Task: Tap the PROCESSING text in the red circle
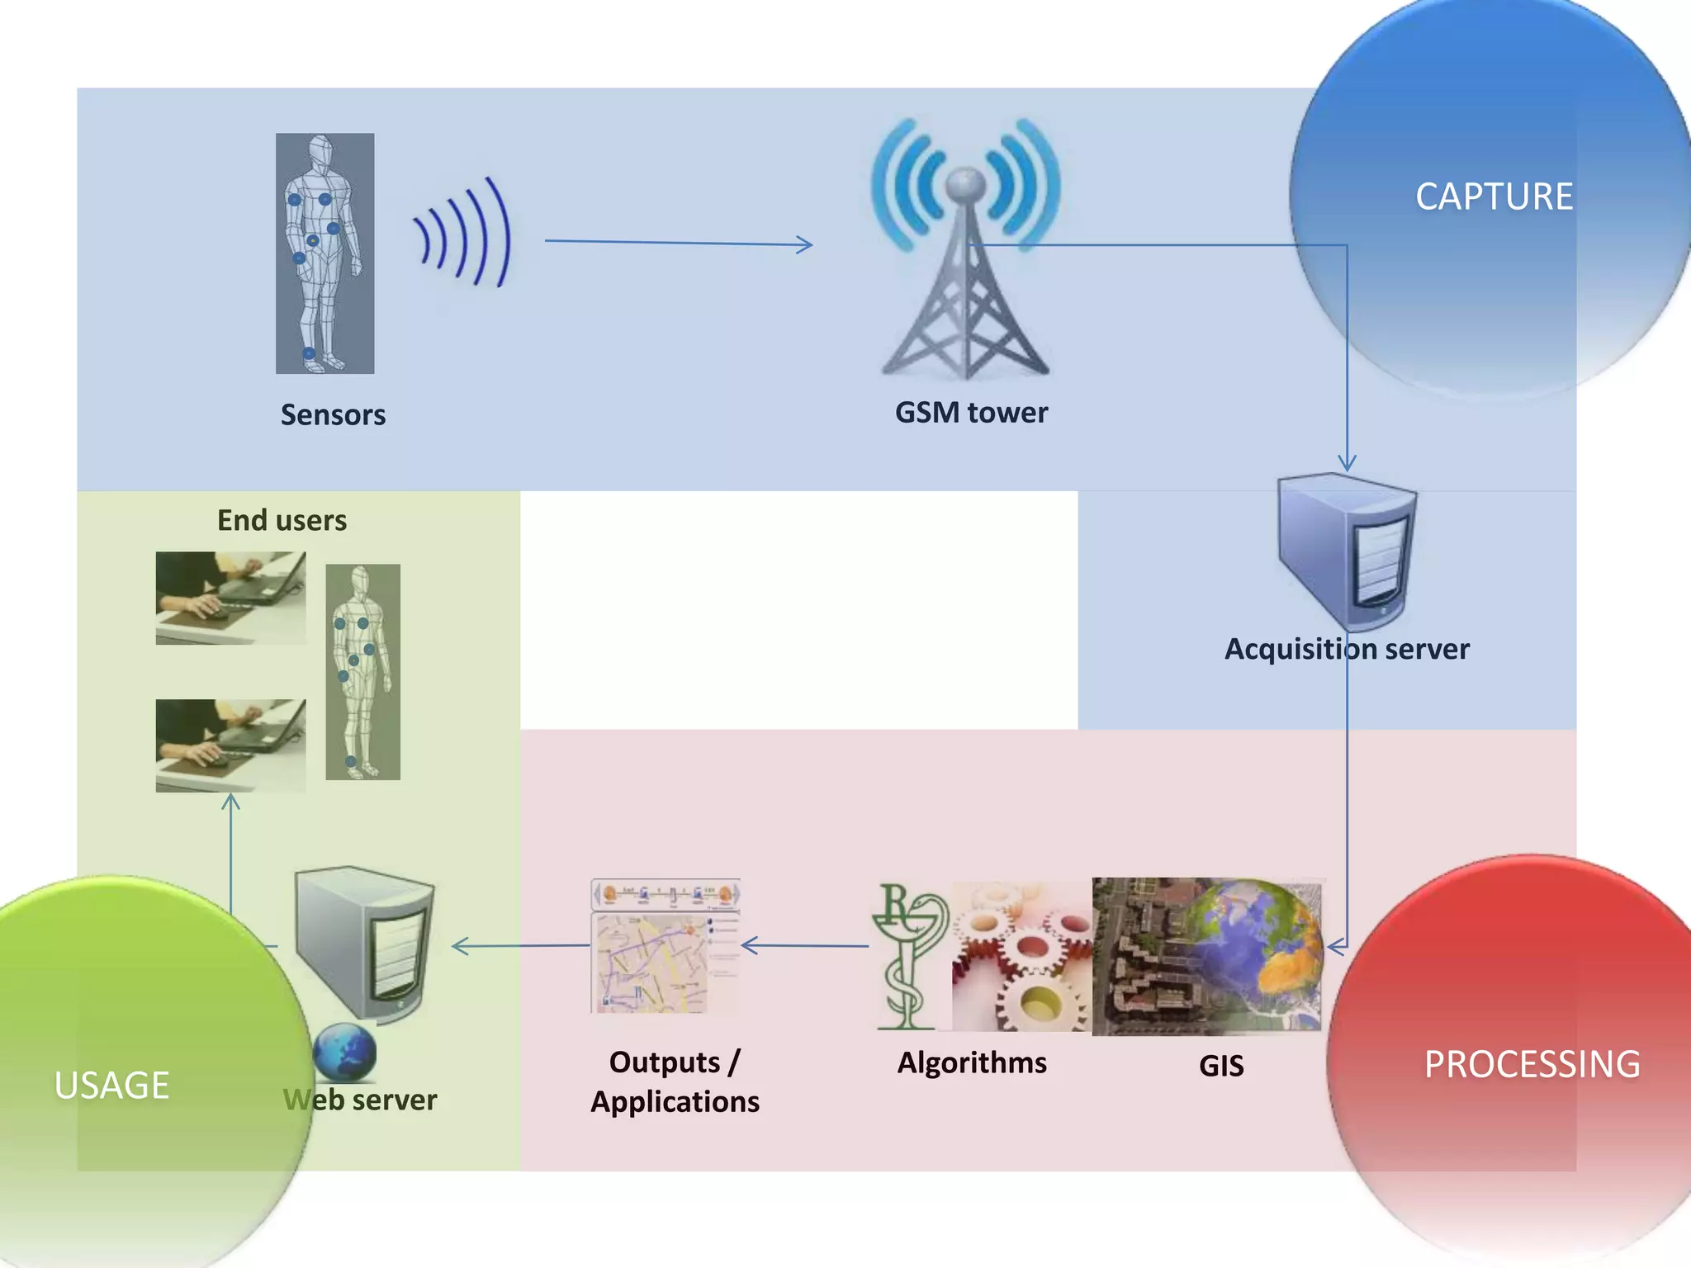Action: [1532, 1065]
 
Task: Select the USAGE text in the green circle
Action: [111, 1086]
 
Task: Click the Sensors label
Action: [333, 414]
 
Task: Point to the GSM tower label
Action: [971, 412]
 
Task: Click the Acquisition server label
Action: [1346, 649]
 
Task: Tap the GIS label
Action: [1221, 1066]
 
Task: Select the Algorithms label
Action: [972, 1062]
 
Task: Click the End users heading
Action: [282, 520]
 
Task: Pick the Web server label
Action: [360, 1100]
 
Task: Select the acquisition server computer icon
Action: [1347, 549]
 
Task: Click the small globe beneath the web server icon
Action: [344, 1052]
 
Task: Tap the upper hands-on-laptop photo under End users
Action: [230, 598]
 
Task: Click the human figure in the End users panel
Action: [362, 672]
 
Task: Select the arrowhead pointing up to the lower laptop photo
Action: [230, 801]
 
